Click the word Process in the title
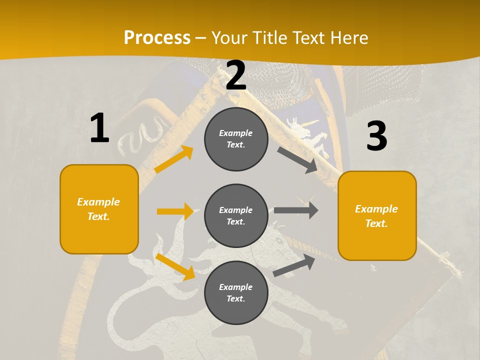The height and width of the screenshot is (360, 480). click(x=157, y=38)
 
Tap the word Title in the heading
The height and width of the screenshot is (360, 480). click(x=268, y=38)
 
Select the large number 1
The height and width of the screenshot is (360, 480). click(x=99, y=128)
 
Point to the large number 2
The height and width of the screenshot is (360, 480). click(x=236, y=76)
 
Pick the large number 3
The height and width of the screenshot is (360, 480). click(x=376, y=136)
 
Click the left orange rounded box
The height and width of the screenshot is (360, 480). click(x=99, y=209)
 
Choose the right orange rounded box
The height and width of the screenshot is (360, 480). click(x=377, y=215)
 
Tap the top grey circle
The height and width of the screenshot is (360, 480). click(x=236, y=139)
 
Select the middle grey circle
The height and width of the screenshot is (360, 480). click(x=236, y=215)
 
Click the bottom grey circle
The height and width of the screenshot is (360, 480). click(x=236, y=292)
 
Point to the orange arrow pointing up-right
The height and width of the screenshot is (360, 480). click(x=174, y=159)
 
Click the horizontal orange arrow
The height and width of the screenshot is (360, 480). click(x=175, y=211)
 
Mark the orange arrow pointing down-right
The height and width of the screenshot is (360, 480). click(x=175, y=266)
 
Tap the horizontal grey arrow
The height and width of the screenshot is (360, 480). click(x=296, y=210)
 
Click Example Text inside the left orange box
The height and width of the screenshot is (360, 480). click(x=99, y=209)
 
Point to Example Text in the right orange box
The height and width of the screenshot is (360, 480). click(x=376, y=216)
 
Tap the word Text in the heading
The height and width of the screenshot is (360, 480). click(x=309, y=38)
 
